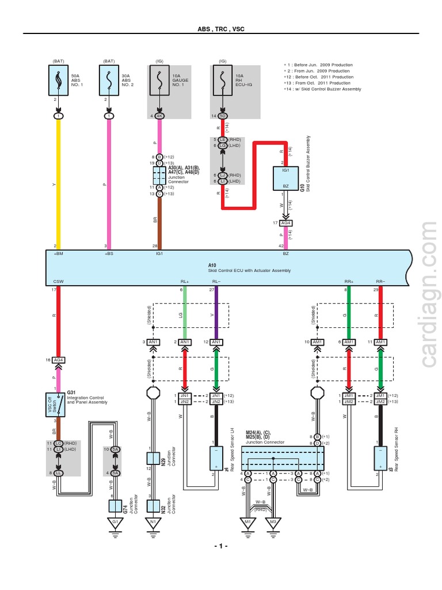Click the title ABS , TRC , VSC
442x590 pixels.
point(221,28)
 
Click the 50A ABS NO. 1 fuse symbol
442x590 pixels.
point(58,80)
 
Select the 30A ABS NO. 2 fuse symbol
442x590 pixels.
point(109,80)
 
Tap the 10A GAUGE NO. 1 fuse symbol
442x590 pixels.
point(159,80)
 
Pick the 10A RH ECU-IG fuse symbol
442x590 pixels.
point(222,80)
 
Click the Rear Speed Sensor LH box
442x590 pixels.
point(216,459)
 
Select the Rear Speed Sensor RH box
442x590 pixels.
point(380,459)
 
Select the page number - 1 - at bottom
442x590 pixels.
point(221,546)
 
